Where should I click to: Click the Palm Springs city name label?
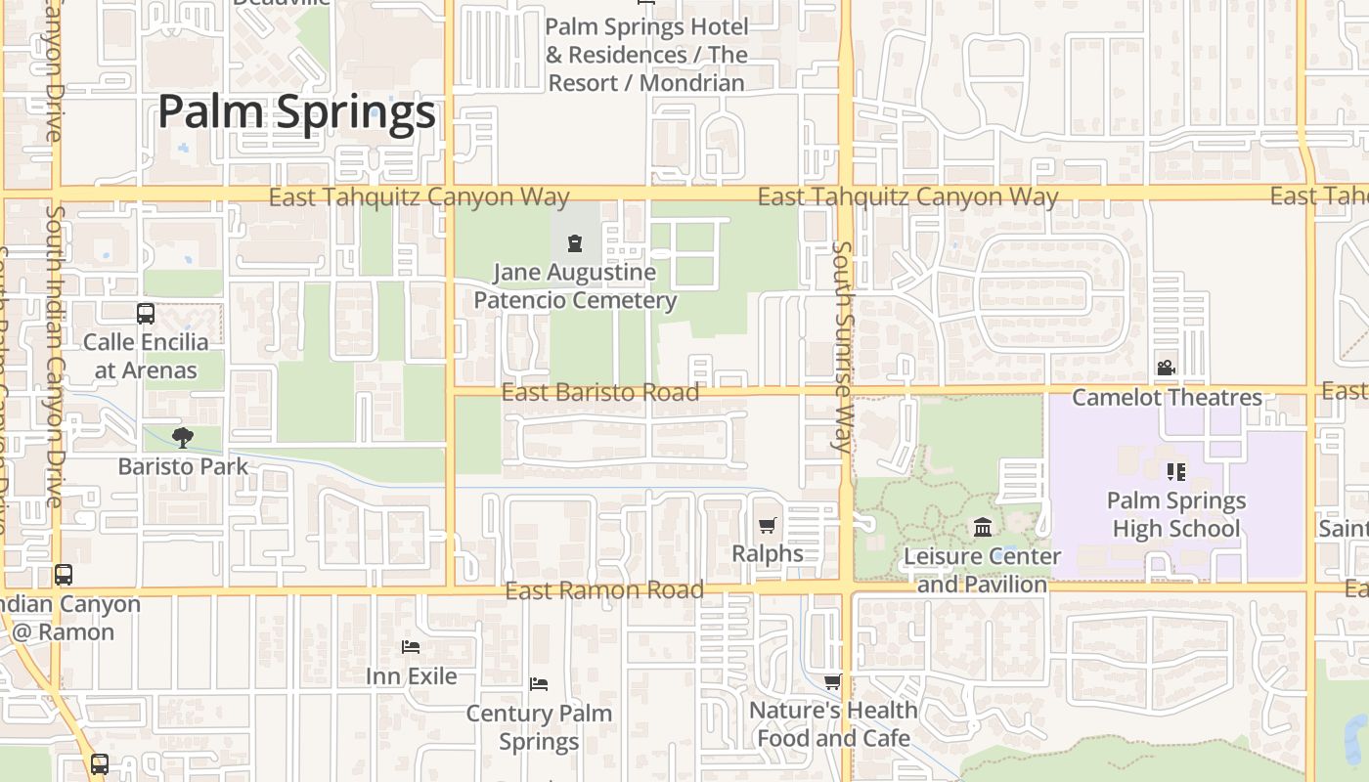tap(296, 111)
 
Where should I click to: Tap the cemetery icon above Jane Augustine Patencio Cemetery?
tap(575, 243)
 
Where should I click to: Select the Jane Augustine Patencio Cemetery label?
tap(575, 286)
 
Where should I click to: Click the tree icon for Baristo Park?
tap(182, 437)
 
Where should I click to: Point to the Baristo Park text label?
tap(183, 466)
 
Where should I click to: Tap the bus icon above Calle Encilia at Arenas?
tap(146, 314)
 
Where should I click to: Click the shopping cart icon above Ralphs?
tap(768, 526)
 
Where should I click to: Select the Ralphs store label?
tap(768, 554)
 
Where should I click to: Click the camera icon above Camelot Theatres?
tap(1166, 369)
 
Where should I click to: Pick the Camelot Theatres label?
tap(1167, 398)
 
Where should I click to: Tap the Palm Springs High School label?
tap(1175, 515)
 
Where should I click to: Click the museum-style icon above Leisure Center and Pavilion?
tap(983, 529)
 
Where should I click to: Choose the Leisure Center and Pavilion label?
tap(982, 570)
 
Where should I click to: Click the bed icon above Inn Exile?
tap(411, 647)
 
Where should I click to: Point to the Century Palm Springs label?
tap(539, 727)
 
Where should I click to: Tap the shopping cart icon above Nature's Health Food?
tap(832, 681)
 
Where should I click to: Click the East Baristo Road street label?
tap(599, 393)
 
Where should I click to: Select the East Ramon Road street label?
tap(604, 590)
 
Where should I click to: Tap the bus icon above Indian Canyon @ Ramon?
tap(64, 575)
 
